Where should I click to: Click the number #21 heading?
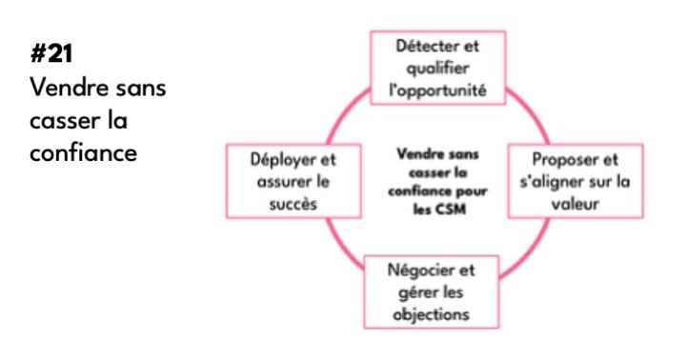pyautogui.click(x=51, y=55)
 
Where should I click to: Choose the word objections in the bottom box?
pyautogui.click(x=436, y=312)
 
